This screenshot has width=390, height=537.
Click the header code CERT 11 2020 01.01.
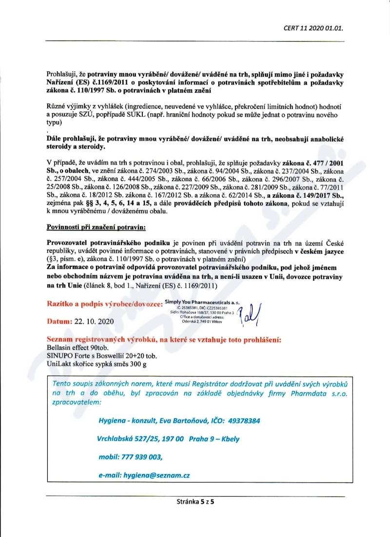313,28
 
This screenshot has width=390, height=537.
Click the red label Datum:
59,322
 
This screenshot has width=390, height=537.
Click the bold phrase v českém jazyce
319,251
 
